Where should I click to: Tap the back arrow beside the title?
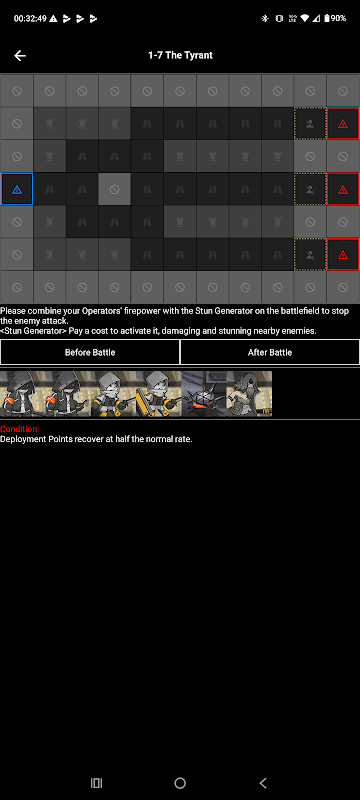pos(20,56)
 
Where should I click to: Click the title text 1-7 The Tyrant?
pos(180,55)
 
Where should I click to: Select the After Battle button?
pos(270,352)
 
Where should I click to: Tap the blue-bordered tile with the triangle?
pos(17,190)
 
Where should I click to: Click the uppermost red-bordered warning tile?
pos(343,123)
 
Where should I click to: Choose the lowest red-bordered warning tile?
pos(343,254)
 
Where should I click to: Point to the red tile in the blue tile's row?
pos(343,189)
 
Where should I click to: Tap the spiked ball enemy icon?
pos(204,394)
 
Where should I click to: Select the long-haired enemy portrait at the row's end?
pos(249,394)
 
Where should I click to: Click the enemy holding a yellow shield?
pos(159,394)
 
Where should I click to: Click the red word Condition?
pos(19,430)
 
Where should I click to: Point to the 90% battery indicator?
pos(335,18)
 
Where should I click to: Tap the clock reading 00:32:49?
pos(30,18)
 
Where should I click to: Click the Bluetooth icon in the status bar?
pos(265,18)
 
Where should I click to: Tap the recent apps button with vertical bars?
pos(96,783)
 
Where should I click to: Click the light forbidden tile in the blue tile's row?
pos(115,189)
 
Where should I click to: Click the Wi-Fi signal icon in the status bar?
pos(304,18)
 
